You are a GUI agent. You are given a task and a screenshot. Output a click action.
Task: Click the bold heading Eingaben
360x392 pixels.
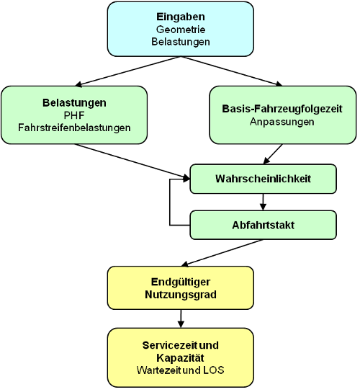[x=181, y=17]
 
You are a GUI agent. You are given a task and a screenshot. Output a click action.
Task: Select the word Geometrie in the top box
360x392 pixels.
[x=181, y=30]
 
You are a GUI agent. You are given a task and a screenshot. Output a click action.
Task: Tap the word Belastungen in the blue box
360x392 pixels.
[x=181, y=42]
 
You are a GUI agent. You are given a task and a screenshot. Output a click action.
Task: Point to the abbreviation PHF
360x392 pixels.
[x=74, y=115]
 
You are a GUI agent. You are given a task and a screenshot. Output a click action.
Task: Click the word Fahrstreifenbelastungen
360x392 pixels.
[x=74, y=128]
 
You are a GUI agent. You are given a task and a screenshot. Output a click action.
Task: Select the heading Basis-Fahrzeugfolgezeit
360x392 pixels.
[x=282, y=109]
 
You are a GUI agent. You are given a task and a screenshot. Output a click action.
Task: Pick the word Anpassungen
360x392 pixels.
[x=282, y=122]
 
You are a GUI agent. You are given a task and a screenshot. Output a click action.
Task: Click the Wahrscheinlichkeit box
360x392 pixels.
[x=263, y=179]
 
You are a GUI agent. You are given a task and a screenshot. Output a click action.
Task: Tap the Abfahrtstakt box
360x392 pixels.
[x=263, y=225]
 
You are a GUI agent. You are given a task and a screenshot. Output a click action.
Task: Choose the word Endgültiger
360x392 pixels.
[x=181, y=282]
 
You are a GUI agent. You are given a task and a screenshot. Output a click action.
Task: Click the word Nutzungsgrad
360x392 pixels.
[x=181, y=294]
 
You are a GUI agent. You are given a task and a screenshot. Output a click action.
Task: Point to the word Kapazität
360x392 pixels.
[x=180, y=357]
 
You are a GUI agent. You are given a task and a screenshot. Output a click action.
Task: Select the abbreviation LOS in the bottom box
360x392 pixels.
[x=214, y=370]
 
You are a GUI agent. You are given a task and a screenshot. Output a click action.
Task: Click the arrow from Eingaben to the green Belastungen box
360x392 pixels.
[x=128, y=71]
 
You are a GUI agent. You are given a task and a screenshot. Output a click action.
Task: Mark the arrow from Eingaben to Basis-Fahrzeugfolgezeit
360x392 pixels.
[x=232, y=71]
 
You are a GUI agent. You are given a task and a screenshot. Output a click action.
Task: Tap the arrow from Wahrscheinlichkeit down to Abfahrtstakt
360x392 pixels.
[x=263, y=202]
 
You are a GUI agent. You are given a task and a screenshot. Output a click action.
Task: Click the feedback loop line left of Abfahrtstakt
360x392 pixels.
[x=170, y=202]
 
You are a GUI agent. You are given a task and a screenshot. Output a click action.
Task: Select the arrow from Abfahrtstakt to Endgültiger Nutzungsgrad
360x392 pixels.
[x=222, y=253]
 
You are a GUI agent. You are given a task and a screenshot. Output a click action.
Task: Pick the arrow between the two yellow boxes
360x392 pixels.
[x=181, y=318]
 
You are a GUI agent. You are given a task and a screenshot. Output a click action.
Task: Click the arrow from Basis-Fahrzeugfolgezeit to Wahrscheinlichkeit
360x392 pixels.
[x=273, y=154]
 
